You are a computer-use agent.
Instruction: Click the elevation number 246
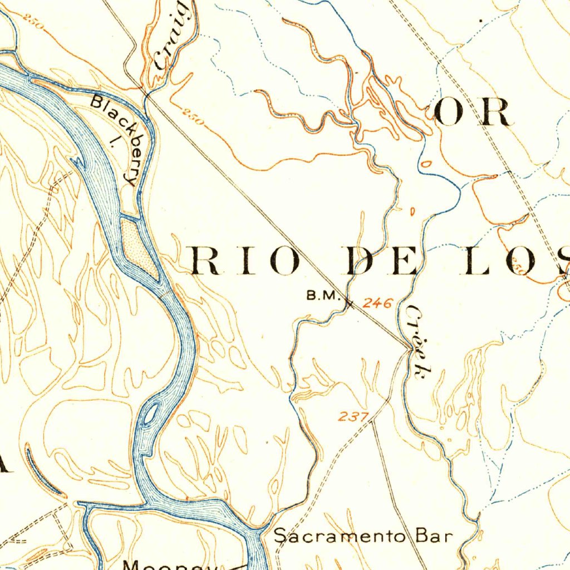pos(378,303)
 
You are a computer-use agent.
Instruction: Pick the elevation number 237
pos(353,416)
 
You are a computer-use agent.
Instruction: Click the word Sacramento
pos(343,536)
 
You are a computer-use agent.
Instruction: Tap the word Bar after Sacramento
pos(434,536)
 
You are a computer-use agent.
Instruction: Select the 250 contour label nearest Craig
pos(192,119)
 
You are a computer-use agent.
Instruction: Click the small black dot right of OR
pos(481,21)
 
